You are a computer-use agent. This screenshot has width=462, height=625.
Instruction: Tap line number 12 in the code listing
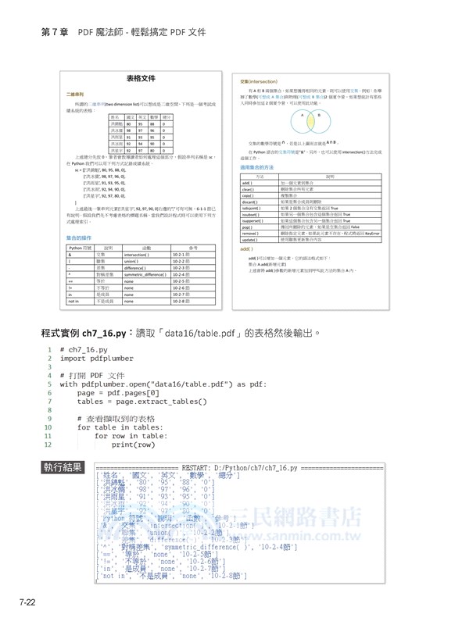pos(48,445)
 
